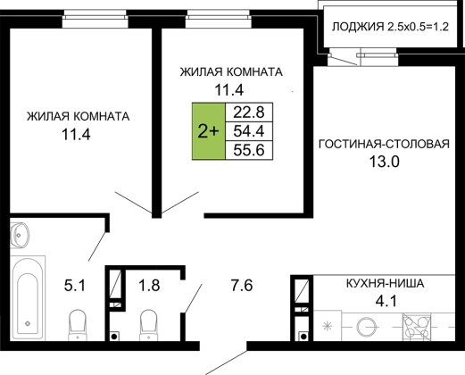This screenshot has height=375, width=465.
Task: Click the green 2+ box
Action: pos(209,131)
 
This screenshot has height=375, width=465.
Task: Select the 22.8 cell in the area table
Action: pos(249,112)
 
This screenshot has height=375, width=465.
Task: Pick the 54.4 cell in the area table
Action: pos(249,131)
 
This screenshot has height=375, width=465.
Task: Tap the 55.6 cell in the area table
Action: pos(249,150)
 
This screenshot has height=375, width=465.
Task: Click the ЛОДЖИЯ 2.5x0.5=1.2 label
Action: pos(390,27)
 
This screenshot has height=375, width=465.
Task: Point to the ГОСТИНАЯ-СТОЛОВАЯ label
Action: pos(384,144)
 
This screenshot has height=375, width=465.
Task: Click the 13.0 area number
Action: pos(384,162)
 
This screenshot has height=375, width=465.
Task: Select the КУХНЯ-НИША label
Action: pos(385,283)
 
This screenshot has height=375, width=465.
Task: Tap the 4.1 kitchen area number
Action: pos(386,301)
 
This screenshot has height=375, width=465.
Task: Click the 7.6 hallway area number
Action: pos(242,285)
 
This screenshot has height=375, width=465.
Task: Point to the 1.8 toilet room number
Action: pos(149,285)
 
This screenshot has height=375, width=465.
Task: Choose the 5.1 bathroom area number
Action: pos(75,286)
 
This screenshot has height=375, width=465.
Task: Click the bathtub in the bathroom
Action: pos(28,297)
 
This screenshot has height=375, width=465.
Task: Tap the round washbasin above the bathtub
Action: pos(20,235)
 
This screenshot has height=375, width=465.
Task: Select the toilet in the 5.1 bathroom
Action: pos(78,325)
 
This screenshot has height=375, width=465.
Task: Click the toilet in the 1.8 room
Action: pos(149,325)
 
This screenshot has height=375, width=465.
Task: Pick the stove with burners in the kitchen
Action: pos(416,326)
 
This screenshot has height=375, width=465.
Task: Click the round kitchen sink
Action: pos(366,327)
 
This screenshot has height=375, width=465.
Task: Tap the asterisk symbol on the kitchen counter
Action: pos(328,326)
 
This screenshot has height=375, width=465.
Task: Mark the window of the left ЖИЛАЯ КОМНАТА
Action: pos(95,19)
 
